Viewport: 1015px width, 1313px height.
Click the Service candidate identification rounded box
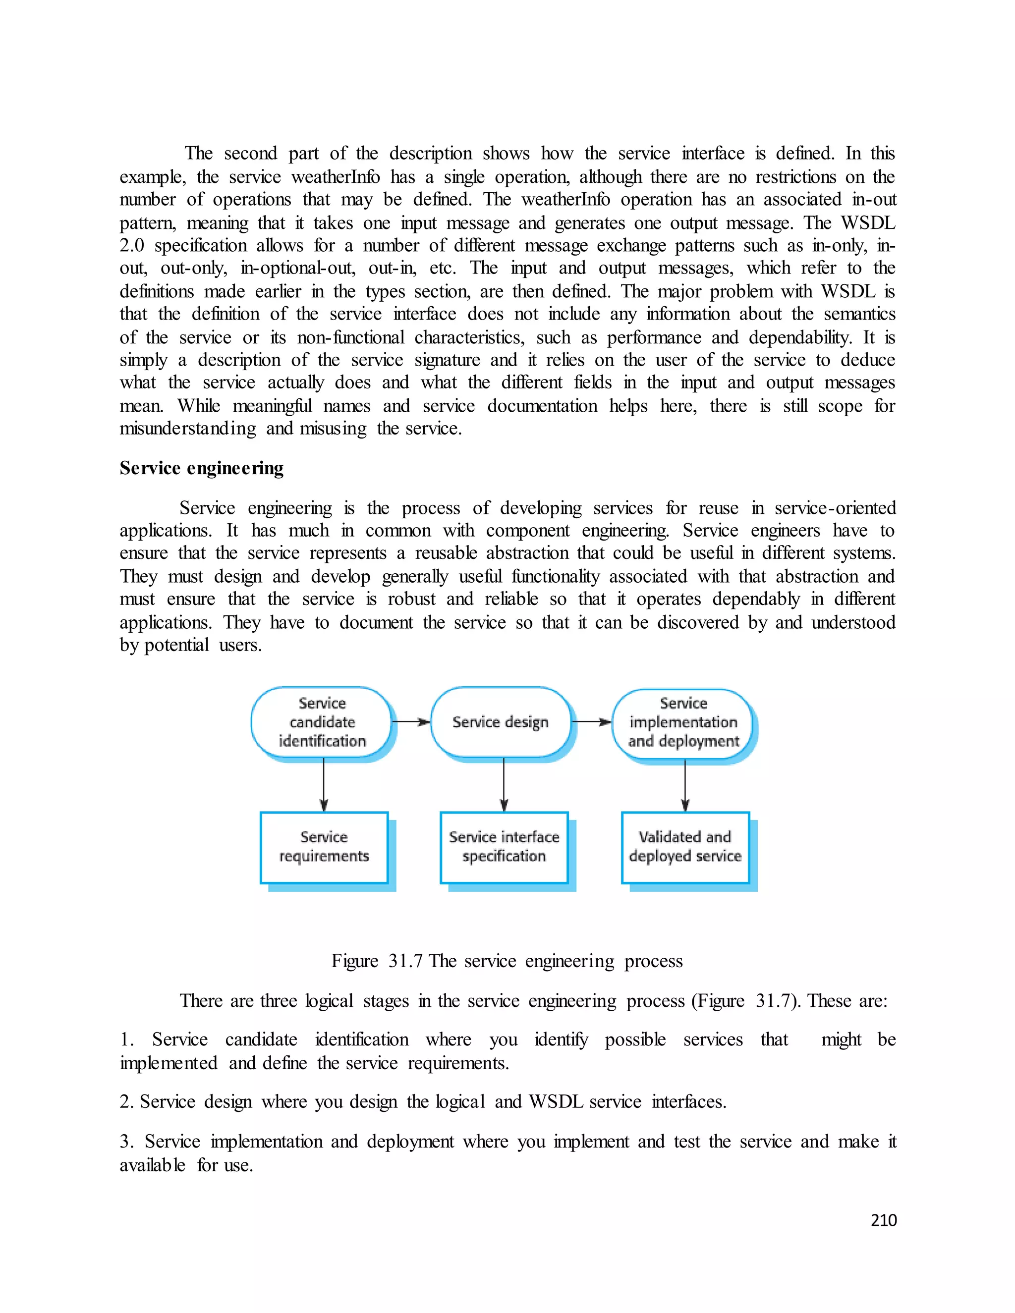tap(322, 721)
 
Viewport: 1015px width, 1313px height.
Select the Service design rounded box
tap(500, 721)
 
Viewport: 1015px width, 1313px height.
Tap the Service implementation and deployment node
tap(683, 722)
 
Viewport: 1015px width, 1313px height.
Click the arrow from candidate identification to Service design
tap(411, 721)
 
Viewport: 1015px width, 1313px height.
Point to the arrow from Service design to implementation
tap(591, 721)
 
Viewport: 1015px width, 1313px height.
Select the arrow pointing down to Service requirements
tap(324, 784)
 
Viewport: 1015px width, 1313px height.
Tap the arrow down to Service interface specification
tap(504, 784)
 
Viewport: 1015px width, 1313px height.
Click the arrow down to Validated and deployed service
tap(685, 784)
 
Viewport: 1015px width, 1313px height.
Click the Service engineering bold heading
tap(201, 468)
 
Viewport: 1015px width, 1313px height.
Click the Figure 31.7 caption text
tap(507, 961)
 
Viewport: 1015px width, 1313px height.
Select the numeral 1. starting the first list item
tap(126, 1039)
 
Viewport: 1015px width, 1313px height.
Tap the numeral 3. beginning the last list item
tap(126, 1141)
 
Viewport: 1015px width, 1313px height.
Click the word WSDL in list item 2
tap(556, 1101)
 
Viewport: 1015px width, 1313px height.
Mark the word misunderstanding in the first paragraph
tap(188, 429)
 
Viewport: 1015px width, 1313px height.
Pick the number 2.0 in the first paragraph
tap(132, 245)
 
